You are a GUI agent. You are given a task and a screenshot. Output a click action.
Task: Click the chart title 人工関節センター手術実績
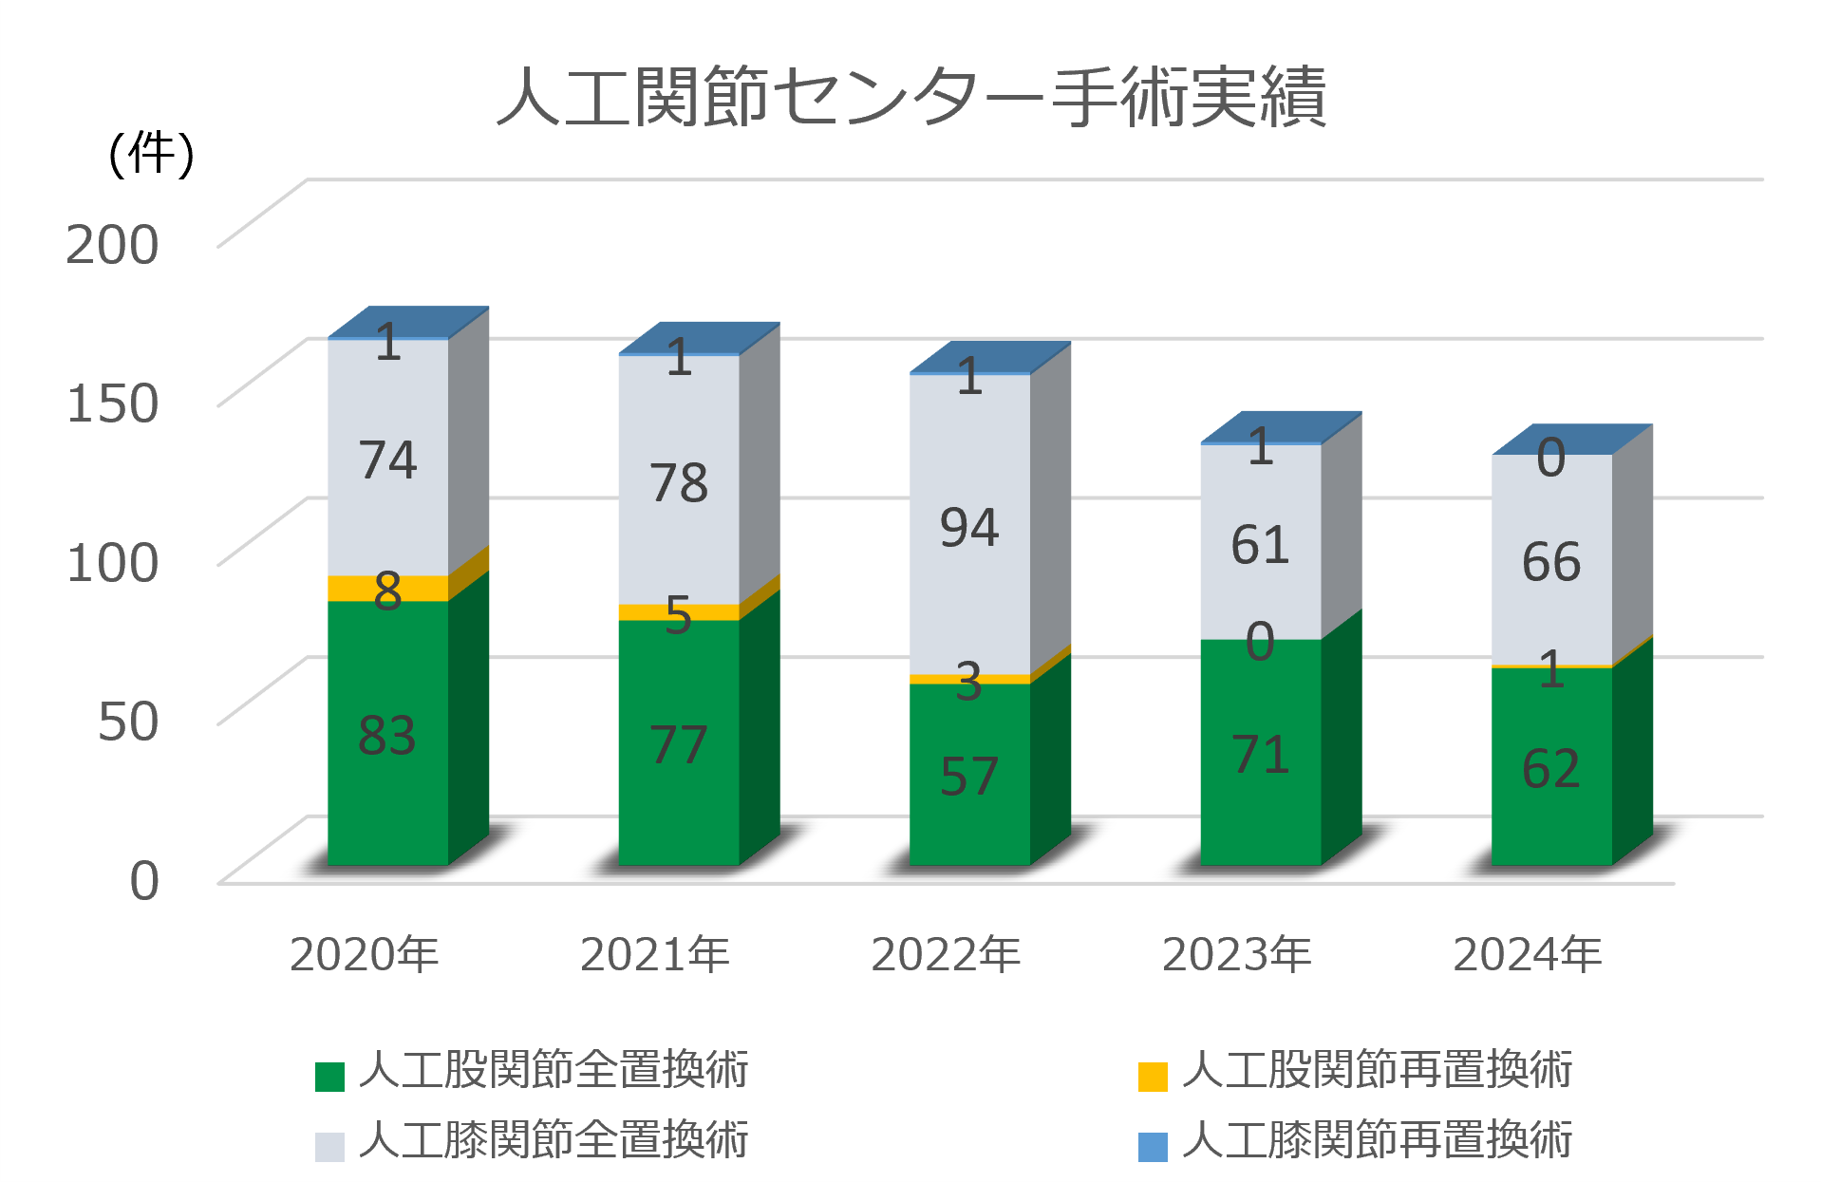911,97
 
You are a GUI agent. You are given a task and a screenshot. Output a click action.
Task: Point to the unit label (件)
152,154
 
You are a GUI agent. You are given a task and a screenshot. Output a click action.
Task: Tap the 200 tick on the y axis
112,245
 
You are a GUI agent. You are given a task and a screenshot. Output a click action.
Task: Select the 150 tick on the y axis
112,403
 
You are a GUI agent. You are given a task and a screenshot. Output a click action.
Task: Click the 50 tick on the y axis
128,722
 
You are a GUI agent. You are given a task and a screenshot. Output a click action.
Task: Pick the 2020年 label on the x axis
365,954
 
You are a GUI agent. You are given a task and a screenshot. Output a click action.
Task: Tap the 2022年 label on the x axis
946,954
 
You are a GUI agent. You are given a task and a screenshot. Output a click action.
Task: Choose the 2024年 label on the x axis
1528,954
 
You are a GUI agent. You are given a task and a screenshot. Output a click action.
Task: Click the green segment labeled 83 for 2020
387,735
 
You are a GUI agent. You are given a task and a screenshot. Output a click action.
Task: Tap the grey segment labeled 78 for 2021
679,482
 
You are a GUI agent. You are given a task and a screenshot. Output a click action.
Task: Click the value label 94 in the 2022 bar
969,528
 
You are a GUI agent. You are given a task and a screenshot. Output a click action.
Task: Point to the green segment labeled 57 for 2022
969,777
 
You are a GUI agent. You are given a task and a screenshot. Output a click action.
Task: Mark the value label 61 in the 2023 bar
1260,545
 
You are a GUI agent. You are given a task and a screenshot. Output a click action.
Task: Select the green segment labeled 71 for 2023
1260,755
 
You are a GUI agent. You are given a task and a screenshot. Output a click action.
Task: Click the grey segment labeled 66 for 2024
1551,561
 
